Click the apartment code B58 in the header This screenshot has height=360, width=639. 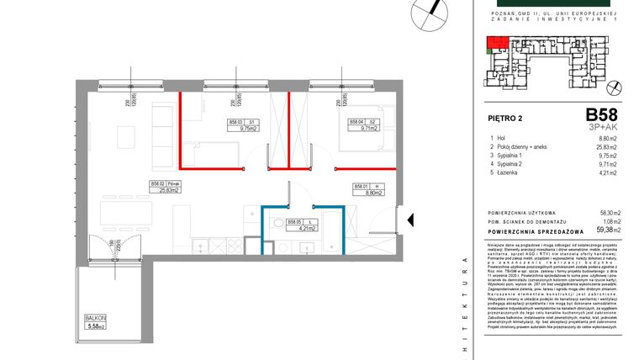(x=601, y=115)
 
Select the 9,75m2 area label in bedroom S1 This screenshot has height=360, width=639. (x=247, y=130)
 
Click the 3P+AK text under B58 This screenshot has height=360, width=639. (x=603, y=126)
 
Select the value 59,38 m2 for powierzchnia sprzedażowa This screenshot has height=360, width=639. (x=605, y=229)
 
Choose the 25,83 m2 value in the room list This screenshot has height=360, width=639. (x=607, y=147)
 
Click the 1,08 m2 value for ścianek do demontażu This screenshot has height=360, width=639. (x=607, y=220)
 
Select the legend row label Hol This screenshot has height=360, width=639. (x=504, y=139)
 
